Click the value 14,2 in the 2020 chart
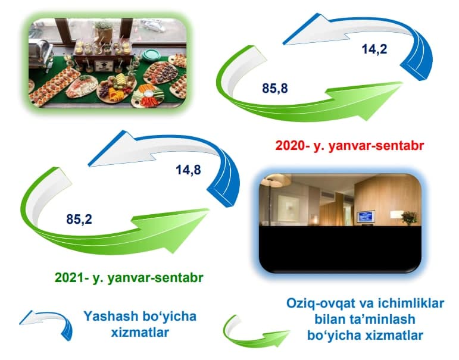coord(374,49)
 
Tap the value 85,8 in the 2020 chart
coord(275,88)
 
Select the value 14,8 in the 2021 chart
coord(188,170)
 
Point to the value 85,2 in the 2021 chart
coord(79,219)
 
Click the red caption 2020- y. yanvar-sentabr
coord(349,145)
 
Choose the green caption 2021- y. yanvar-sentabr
coord(129,277)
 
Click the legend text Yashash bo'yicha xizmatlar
coord(140,324)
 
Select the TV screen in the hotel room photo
coord(366,216)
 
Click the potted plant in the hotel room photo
coord(410,218)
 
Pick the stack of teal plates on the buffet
coord(151,54)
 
